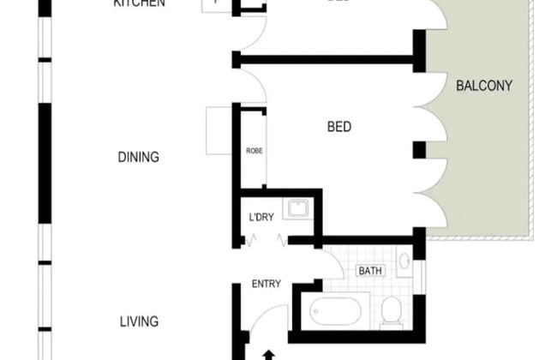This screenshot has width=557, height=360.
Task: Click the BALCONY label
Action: [x=483, y=86]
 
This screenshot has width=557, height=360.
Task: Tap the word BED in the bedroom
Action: [x=339, y=128]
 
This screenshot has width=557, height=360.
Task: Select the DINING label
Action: [x=139, y=157]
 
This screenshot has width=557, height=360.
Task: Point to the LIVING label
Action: [x=139, y=322]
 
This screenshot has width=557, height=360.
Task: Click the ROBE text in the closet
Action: [x=254, y=151]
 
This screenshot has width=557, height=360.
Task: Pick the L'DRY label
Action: [x=261, y=217]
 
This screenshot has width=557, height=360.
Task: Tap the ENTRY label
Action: [x=267, y=284]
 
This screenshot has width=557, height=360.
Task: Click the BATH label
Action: [x=370, y=271]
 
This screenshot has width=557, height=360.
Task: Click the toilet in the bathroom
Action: [x=391, y=310]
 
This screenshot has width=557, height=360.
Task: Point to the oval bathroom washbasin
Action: [x=405, y=261]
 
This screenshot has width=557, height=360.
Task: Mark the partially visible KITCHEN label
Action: [x=139, y=3]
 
